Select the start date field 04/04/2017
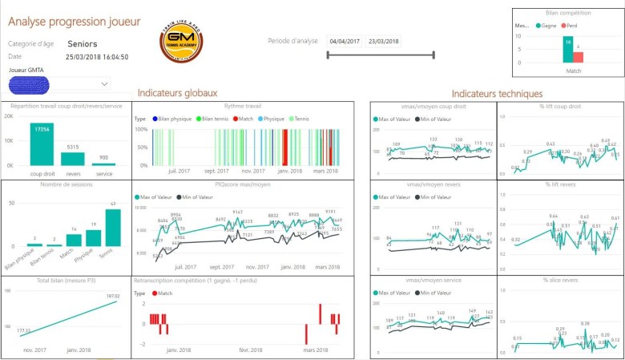[x=345, y=41]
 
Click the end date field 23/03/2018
[x=383, y=41]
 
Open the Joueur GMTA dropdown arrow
[x=105, y=83]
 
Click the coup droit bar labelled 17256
[x=42, y=144]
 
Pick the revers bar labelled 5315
[x=72, y=159]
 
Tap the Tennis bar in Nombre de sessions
[x=112, y=227]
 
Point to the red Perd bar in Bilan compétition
[x=579, y=57]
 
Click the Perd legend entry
[x=571, y=26]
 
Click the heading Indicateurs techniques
[x=497, y=94]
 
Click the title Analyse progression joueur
[x=74, y=21]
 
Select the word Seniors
[x=84, y=44]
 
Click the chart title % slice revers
[x=560, y=280]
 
